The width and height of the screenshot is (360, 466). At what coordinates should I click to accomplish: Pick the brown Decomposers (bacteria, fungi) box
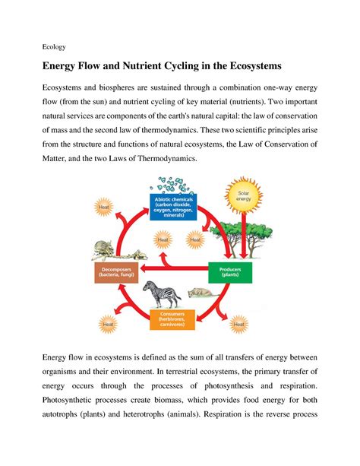116,272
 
